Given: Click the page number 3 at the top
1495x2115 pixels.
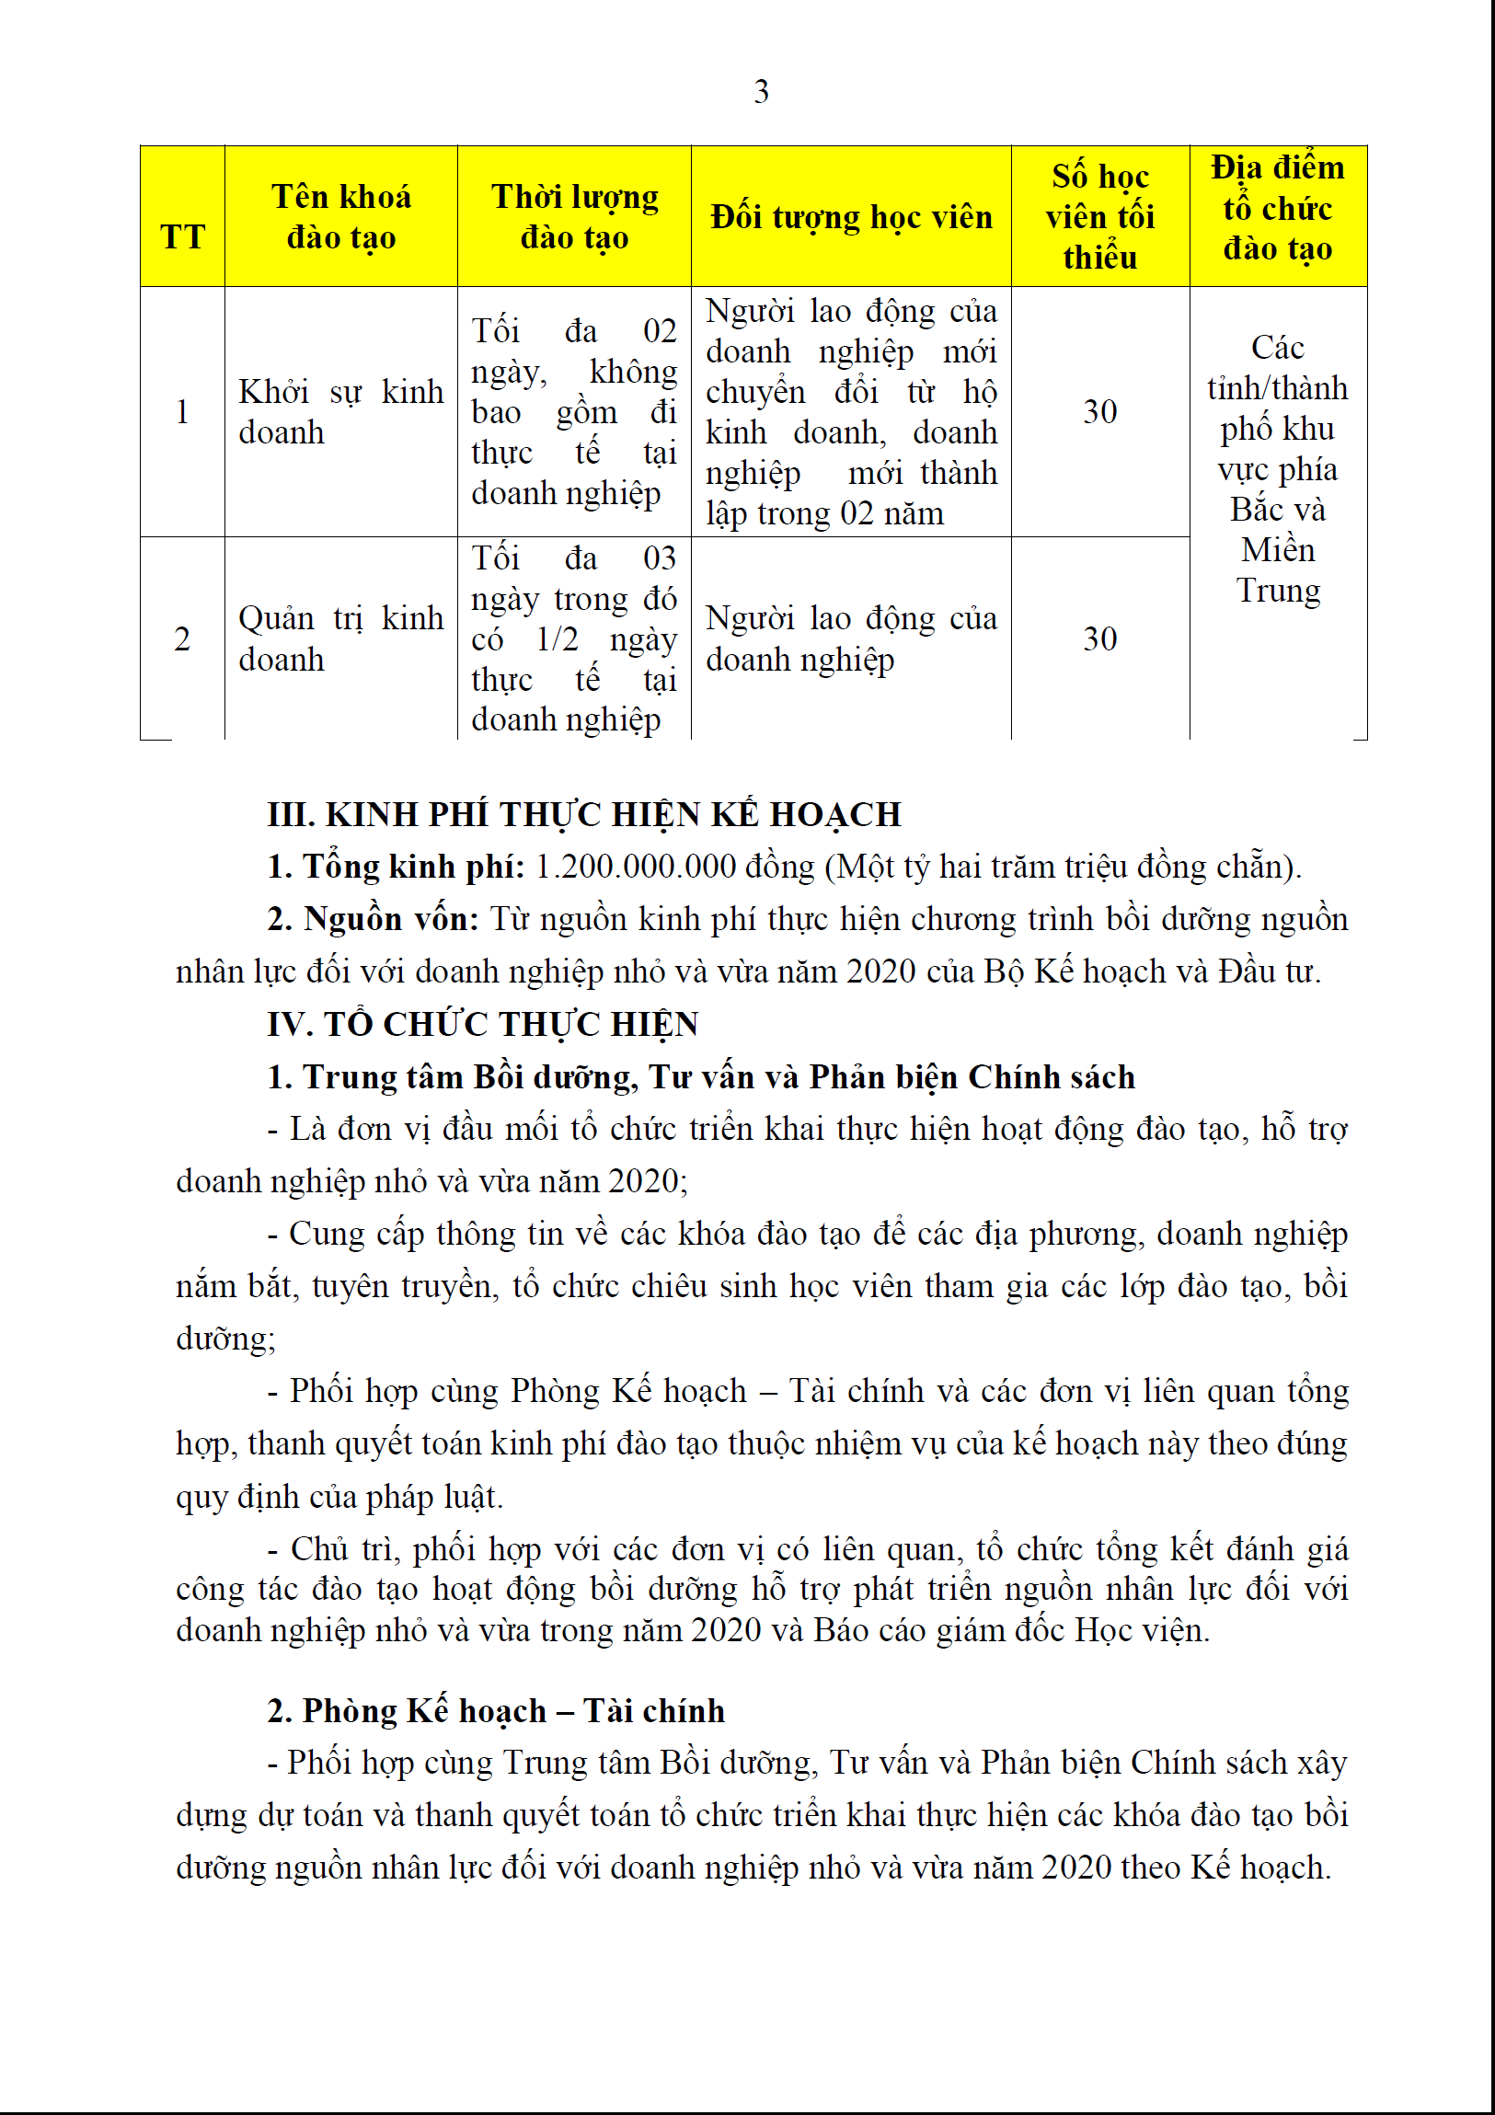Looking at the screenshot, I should [x=761, y=92].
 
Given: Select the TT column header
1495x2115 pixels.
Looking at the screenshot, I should [x=182, y=236].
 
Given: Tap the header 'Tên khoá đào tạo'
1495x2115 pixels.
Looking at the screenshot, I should [x=340, y=217].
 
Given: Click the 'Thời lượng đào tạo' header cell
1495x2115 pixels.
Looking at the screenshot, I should [x=574, y=217].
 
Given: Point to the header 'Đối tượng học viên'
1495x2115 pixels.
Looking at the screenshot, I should [x=851, y=217].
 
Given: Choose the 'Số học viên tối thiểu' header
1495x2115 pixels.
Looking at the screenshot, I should [x=1099, y=217].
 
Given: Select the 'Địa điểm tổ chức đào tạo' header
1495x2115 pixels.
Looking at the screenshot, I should [x=1278, y=208].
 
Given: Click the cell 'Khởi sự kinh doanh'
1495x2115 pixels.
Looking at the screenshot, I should [x=340, y=412].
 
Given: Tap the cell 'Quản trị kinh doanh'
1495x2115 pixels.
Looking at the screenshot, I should [x=340, y=638].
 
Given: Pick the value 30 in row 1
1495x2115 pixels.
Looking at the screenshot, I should [x=1099, y=412].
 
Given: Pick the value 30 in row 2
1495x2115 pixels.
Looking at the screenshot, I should [x=1099, y=638].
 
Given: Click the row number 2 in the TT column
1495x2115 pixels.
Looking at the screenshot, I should [x=182, y=638].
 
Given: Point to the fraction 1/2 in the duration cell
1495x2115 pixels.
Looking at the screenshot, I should [x=558, y=638].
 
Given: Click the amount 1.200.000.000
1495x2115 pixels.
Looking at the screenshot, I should [x=636, y=868].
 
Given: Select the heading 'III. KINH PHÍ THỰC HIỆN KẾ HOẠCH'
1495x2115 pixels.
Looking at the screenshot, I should [x=584, y=815].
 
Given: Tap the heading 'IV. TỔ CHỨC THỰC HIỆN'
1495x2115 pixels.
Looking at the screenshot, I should [x=483, y=1024].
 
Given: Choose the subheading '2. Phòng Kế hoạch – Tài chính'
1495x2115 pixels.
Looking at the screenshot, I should [x=496, y=1710].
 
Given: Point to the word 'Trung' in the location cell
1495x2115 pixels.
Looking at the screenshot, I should [x=1278, y=591].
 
